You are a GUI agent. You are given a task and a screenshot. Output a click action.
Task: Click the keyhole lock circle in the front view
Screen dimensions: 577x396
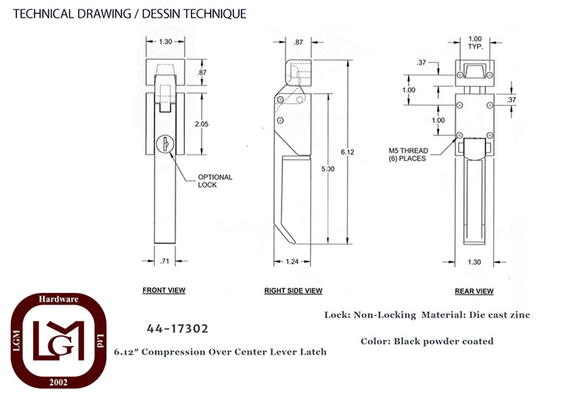click(x=165, y=144)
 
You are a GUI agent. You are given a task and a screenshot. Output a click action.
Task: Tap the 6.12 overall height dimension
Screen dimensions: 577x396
click(x=348, y=151)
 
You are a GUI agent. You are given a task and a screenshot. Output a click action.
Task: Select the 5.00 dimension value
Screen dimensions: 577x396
click(x=328, y=168)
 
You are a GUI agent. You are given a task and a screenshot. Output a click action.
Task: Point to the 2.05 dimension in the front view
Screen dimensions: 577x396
click(x=202, y=124)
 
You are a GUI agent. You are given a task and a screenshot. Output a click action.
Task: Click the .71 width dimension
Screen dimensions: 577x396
click(x=165, y=261)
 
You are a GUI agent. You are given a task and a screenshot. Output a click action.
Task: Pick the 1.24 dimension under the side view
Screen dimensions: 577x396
click(x=292, y=261)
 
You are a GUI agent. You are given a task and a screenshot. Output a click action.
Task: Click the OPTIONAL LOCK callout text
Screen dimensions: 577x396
click(x=215, y=181)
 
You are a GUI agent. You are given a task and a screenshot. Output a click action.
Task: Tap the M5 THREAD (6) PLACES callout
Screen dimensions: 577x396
click(x=409, y=155)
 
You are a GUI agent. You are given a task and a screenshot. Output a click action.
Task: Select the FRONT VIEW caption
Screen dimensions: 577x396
click(x=164, y=290)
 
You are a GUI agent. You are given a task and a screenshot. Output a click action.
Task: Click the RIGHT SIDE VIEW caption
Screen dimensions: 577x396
click(x=293, y=291)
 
